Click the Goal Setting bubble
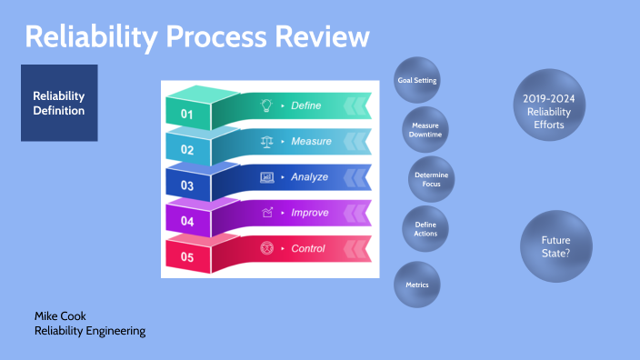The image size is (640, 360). point(416,80)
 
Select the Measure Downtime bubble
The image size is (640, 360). point(425,130)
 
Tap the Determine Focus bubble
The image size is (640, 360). point(432,179)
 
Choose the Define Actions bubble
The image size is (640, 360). point(425,229)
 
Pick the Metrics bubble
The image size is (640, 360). point(416,285)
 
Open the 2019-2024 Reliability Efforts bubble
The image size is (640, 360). point(549,105)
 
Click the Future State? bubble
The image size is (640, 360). point(556,246)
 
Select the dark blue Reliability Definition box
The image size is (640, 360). point(59,103)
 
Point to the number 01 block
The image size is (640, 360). point(188,110)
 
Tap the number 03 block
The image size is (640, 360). point(188,184)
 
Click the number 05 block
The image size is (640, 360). point(188,255)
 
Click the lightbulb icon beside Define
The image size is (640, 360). point(266,105)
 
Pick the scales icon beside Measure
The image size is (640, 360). point(266,142)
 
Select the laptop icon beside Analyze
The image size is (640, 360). point(267,177)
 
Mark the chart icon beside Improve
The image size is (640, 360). point(267,213)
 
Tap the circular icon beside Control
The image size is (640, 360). point(267,248)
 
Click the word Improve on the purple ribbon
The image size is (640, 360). point(310,213)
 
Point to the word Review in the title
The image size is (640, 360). point(322,36)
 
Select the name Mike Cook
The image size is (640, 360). point(60,316)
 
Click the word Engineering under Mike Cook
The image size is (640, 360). point(116,331)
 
